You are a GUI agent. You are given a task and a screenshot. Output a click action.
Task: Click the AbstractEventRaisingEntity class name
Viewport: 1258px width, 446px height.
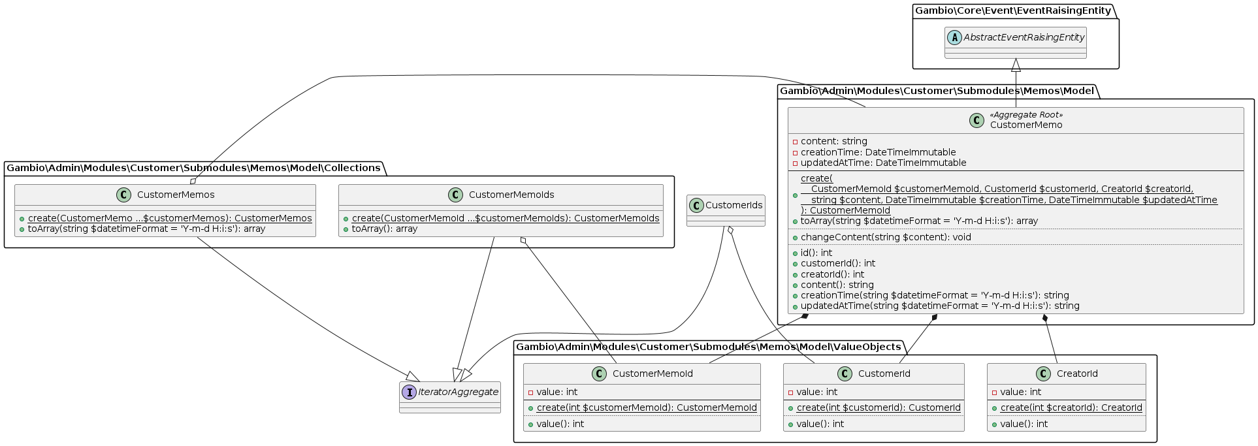click(1024, 37)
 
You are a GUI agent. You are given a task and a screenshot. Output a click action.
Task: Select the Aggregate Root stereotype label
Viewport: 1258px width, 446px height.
click(1026, 115)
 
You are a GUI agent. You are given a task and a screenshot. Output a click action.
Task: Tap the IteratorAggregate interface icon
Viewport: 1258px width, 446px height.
click(410, 392)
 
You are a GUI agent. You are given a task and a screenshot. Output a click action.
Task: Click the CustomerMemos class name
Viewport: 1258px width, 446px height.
click(176, 195)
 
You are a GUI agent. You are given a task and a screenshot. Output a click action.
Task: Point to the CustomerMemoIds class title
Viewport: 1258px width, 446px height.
click(511, 195)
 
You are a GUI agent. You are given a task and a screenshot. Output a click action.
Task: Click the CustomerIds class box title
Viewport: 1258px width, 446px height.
click(734, 205)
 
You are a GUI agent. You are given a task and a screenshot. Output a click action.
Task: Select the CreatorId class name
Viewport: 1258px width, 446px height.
click(1077, 374)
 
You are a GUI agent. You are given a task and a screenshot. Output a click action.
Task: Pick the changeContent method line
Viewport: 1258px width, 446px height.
click(886, 237)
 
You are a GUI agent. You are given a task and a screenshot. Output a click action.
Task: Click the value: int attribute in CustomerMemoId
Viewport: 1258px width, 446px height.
click(556, 392)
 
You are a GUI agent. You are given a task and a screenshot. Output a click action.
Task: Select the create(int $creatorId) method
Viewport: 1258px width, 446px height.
click(1071, 407)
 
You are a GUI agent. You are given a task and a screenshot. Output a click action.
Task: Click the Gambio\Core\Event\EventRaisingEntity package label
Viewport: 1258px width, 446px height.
click(1012, 10)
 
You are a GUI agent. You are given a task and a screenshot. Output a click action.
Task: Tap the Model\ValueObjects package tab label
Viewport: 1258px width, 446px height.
click(708, 347)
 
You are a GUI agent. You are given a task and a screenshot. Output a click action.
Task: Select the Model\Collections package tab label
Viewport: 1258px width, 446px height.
click(193, 168)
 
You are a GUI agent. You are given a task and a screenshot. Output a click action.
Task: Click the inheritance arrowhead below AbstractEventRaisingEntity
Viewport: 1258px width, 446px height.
click(1016, 65)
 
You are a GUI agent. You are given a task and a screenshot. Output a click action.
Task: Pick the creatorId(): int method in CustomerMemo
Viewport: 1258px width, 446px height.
click(832, 274)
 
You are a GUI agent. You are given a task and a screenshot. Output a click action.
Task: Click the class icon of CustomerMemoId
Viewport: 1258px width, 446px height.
click(599, 374)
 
